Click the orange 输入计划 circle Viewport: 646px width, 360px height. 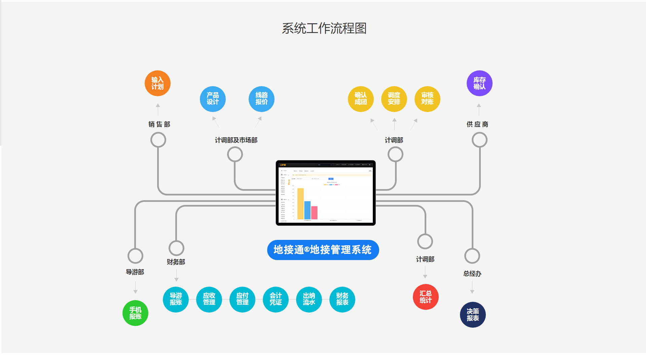coord(157,83)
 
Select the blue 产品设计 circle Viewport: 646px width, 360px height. coord(213,99)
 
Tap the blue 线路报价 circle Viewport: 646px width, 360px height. coord(261,99)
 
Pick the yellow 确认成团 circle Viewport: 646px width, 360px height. coord(361,99)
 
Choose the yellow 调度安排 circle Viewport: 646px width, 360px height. coord(394,99)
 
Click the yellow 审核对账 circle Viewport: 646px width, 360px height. coord(427,99)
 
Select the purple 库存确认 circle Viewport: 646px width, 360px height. coord(479,83)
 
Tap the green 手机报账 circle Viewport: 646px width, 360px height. coord(135,313)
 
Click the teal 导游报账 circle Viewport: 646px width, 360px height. coord(176,299)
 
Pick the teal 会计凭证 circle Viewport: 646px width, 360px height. coord(276,299)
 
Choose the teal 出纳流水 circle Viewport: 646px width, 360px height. coord(309,299)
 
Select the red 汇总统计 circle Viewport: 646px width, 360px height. coord(426,297)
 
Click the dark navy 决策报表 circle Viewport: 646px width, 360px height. coord(473,315)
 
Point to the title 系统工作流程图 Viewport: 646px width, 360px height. coord(324,28)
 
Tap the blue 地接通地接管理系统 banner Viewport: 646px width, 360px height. coord(323,250)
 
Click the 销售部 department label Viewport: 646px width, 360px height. coord(159,124)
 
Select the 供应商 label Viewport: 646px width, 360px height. coord(477,124)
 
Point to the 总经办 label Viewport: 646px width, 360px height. coord(472,274)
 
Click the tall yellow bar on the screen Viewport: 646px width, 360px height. coord(300,204)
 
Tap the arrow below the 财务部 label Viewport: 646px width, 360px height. coord(176,276)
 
